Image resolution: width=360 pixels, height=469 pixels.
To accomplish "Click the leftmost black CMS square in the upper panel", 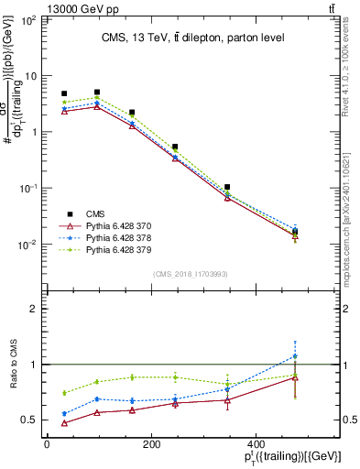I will tap(64, 93).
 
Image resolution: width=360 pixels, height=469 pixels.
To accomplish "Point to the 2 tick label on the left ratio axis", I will tap(34, 309).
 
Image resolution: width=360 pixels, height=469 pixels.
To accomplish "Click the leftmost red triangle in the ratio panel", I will tap(64, 422).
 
